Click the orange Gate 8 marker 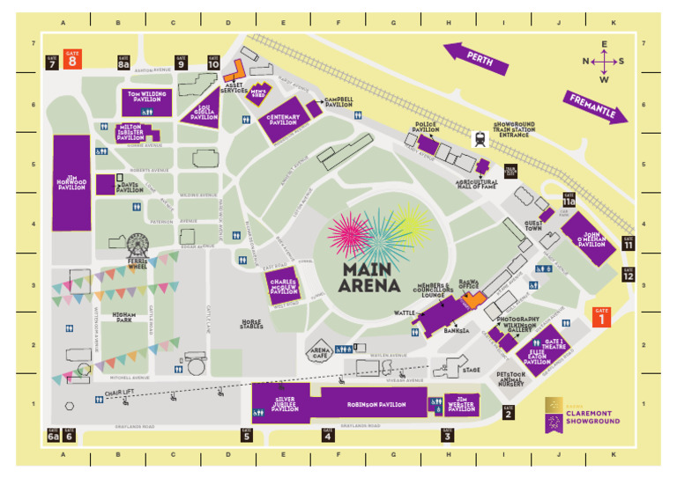(x=72, y=58)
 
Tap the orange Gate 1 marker (x=601, y=317)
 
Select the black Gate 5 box (x=246, y=434)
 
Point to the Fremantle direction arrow (x=596, y=107)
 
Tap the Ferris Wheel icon (x=138, y=246)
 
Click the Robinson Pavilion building (x=375, y=404)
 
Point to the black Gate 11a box (x=569, y=201)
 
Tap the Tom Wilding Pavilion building (x=146, y=99)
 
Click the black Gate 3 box (x=448, y=434)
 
